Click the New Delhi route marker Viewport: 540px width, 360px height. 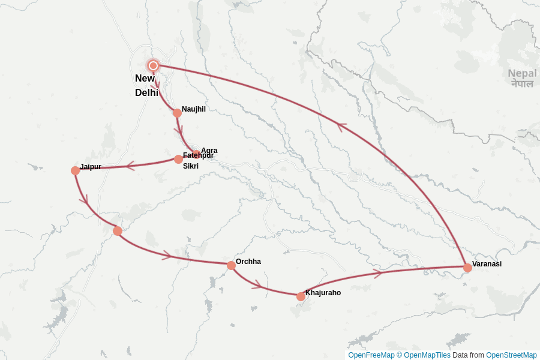click(x=153, y=65)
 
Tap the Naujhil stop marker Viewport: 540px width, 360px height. click(x=177, y=113)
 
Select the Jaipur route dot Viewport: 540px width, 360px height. click(x=75, y=170)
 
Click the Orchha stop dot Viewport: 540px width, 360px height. click(x=231, y=265)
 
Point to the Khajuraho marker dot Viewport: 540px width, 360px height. click(x=301, y=296)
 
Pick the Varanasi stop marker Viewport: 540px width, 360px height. click(x=467, y=268)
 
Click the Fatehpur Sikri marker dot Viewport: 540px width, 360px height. click(x=178, y=159)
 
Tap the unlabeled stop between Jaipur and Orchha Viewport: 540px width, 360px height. click(x=118, y=231)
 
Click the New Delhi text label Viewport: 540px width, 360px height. click(x=146, y=85)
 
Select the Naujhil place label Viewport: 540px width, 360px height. click(x=194, y=109)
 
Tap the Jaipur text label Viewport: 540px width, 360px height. click(x=91, y=167)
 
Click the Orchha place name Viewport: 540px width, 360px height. click(x=248, y=262)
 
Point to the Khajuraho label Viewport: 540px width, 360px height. click(x=323, y=293)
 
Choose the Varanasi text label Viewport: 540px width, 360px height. click(x=487, y=264)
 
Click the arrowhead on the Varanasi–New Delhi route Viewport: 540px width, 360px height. click(x=341, y=127)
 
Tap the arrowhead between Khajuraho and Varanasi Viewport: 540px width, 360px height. click(x=378, y=274)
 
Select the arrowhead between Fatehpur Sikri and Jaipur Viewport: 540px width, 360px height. click(x=130, y=166)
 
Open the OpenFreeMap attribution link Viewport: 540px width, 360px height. click(x=371, y=355)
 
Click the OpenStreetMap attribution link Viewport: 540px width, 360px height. click(x=511, y=355)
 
